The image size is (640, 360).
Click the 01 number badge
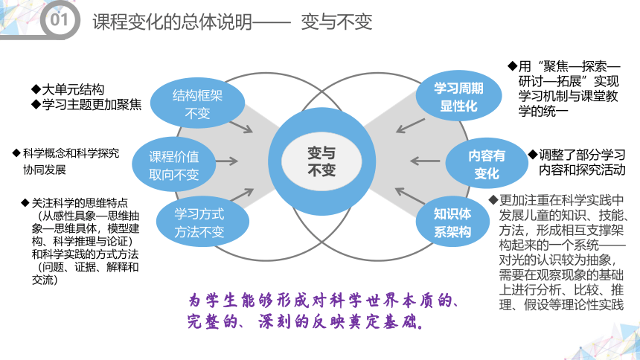[x=59, y=19]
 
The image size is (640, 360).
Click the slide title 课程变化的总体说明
[x=172, y=22]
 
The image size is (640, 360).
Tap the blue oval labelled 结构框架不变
[x=197, y=103]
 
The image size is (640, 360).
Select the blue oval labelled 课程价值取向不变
[x=174, y=165]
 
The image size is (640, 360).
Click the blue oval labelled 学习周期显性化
[x=458, y=97]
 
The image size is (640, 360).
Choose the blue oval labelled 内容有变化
[x=487, y=164]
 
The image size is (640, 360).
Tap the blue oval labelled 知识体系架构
[x=452, y=222]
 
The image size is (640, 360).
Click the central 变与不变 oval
[x=321, y=161]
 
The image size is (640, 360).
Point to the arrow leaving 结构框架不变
[x=241, y=127]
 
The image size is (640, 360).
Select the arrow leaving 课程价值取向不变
[x=227, y=161]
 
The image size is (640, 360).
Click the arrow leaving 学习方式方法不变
[x=242, y=194]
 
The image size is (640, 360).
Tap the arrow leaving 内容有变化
[x=425, y=161]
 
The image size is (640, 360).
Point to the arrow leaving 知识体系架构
[x=410, y=196]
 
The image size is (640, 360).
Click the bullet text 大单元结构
[x=73, y=89]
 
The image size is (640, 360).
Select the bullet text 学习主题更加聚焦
[x=92, y=105]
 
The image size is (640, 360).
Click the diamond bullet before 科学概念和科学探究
[x=16, y=153]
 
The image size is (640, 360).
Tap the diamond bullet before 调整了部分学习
[x=533, y=154]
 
